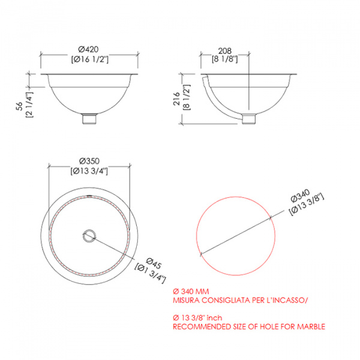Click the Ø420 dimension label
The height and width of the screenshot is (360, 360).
click(88, 49)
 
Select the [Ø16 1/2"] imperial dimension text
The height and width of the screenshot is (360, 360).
click(90, 59)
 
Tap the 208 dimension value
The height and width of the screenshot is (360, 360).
click(225, 51)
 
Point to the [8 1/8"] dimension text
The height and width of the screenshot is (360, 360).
click(225, 59)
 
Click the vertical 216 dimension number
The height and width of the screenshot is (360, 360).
click(176, 99)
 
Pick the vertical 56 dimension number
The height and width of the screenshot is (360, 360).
click(20, 106)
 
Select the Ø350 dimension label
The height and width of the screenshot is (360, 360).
click(89, 161)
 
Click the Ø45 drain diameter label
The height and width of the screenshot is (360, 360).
click(154, 263)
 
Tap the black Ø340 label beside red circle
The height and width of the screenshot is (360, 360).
click(300, 196)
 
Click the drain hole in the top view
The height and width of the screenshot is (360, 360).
click(89, 236)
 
